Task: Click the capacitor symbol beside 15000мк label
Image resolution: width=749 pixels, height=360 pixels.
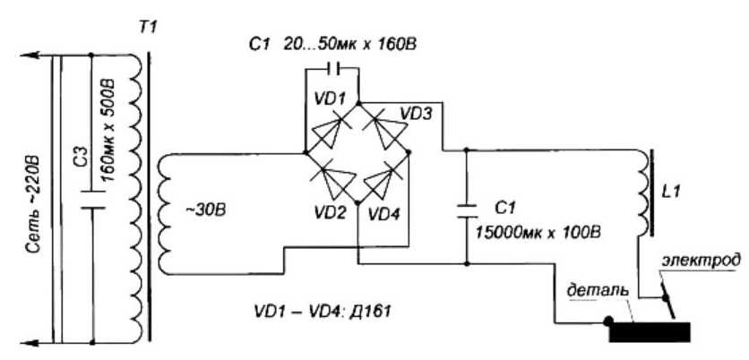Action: coord(466,209)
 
